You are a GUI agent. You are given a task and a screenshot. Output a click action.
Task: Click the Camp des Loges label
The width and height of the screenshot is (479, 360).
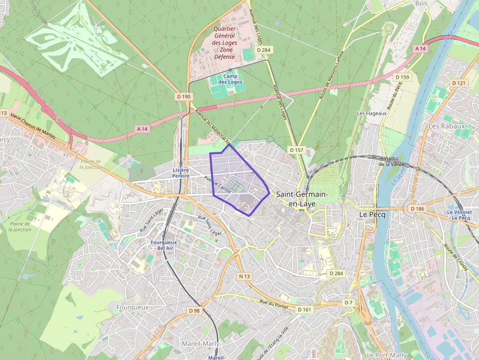(230, 79)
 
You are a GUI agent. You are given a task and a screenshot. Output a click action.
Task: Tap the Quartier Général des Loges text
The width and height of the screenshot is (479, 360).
(224, 43)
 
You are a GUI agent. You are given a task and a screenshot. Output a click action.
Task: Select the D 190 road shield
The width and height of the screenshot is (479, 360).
(184, 97)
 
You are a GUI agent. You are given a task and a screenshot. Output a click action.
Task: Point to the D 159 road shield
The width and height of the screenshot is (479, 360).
(403, 77)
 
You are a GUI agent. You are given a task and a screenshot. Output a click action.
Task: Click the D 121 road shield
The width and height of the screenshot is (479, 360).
(459, 83)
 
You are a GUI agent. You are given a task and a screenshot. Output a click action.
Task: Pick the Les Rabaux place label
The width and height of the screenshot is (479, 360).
(446, 126)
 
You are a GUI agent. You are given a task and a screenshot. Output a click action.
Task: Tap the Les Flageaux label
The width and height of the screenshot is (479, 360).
(371, 113)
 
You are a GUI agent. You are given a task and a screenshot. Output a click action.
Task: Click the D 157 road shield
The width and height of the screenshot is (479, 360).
(296, 150)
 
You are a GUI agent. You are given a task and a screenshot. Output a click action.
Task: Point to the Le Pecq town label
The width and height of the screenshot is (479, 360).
(370, 214)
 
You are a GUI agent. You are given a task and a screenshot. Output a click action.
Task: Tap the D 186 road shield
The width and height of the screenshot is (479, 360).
(417, 209)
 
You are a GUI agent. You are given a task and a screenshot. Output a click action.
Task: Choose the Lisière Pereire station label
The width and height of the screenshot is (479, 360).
(180, 172)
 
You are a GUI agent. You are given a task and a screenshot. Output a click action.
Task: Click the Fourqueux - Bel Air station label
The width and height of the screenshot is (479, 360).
(163, 245)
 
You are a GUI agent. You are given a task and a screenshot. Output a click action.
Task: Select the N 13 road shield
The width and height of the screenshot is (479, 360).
(244, 276)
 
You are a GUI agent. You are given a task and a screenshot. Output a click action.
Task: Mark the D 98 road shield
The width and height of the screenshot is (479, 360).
(194, 311)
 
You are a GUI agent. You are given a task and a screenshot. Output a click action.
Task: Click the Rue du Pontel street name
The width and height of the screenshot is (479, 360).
(274, 304)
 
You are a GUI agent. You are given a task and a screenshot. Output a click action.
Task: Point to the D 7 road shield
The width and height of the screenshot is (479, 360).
(348, 303)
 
